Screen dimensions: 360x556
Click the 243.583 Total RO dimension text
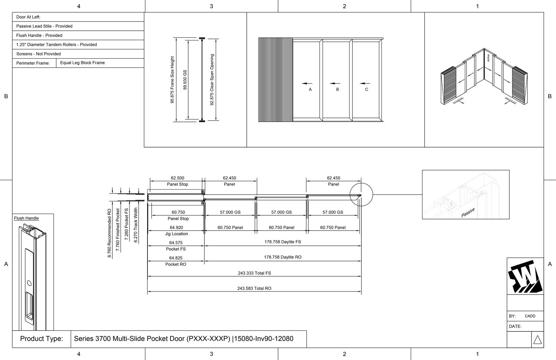[254, 288]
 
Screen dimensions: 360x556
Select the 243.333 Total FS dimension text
[254, 273]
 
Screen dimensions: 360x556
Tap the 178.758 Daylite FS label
[282, 242]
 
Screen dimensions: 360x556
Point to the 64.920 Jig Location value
[176, 228]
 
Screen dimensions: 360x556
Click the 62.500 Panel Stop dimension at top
[178, 178]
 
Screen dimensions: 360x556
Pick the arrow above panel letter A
[307, 83]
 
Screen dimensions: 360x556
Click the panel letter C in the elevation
[367, 89]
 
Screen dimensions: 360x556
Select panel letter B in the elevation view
[337, 89]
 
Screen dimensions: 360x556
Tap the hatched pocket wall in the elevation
[275, 80]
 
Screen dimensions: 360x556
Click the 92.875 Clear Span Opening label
[212, 80]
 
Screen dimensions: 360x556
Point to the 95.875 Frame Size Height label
[172, 80]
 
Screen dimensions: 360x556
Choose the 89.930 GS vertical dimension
[185, 80]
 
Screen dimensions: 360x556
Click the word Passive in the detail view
[468, 213]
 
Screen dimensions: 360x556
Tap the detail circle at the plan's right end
[361, 195]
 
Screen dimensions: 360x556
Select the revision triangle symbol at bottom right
[537, 340]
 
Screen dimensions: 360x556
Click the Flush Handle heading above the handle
[26, 218]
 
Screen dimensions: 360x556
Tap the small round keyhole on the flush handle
[29, 283]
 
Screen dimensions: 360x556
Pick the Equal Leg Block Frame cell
[82, 63]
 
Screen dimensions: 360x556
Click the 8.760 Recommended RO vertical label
[109, 233]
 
